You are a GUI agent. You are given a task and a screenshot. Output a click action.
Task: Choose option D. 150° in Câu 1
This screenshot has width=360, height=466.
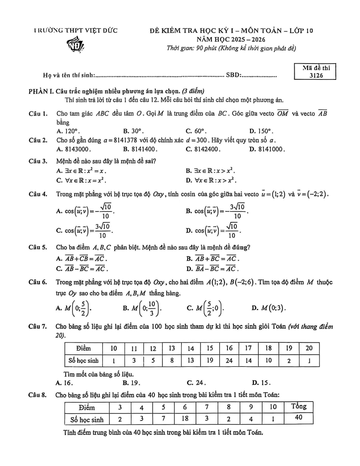[x=262, y=131]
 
